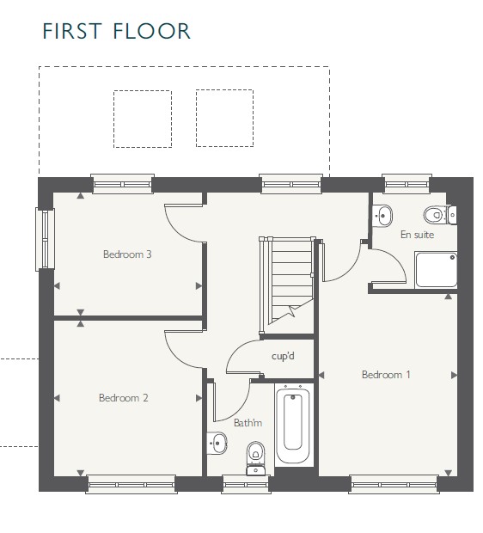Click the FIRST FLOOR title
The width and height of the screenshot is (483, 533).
coord(116,31)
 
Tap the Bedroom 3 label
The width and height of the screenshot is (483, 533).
coord(127,254)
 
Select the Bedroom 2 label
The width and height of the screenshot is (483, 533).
coord(124,398)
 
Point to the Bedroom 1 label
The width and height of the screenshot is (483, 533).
coord(386,375)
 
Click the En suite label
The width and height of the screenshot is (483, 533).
coord(417,235)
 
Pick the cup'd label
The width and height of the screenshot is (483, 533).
coord(283,356)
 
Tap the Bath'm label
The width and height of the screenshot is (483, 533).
coord(248,423)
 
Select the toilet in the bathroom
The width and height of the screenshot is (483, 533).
coord(255,458)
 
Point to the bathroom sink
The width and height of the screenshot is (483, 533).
coord(217,443)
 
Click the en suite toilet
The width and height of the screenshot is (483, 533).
coord(439,215)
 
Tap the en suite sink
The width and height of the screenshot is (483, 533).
coord(382,216)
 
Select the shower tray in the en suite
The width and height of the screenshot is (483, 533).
coord(436,270)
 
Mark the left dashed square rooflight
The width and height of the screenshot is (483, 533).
coord(143,119)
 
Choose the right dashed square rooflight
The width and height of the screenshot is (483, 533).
coord(224,119)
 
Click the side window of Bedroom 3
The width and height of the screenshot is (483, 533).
coord(46,240)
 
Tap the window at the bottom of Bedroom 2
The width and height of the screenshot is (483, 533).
coord(131,484)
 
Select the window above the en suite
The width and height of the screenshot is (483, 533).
coord(407,184)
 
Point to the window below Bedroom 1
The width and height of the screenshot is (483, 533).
coord(394,484)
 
